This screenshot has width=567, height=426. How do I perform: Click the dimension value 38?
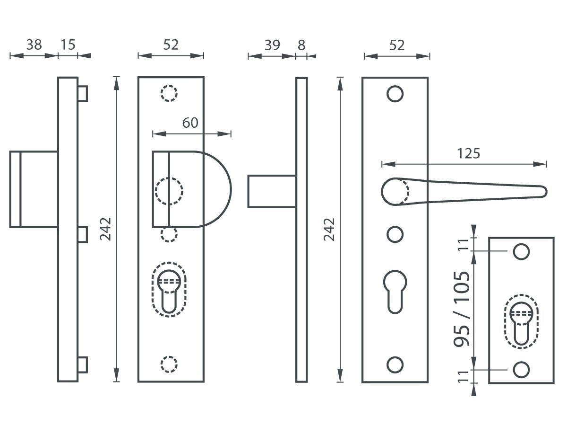34,45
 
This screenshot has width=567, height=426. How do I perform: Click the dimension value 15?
68,45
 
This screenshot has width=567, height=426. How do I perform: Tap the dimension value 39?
272,45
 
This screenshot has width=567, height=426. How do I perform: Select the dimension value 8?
301,45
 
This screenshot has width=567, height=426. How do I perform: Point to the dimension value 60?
190,123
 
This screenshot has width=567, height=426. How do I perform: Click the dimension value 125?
469,153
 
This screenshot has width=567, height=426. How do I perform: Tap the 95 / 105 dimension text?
462,309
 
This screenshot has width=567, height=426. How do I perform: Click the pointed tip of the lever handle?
547,192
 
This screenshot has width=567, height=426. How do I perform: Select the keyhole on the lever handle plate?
395,292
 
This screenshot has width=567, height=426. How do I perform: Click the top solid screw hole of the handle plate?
395,94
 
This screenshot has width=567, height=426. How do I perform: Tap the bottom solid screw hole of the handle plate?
395,364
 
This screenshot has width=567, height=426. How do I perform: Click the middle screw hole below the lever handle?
395,235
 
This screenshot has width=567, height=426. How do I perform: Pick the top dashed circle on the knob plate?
169,93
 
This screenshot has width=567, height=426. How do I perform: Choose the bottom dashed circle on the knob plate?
169,364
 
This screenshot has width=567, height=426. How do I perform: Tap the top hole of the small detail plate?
521,252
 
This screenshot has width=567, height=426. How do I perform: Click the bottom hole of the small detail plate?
521,370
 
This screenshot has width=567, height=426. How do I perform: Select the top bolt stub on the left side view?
83,94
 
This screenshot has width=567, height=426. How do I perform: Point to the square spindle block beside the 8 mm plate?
272,191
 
